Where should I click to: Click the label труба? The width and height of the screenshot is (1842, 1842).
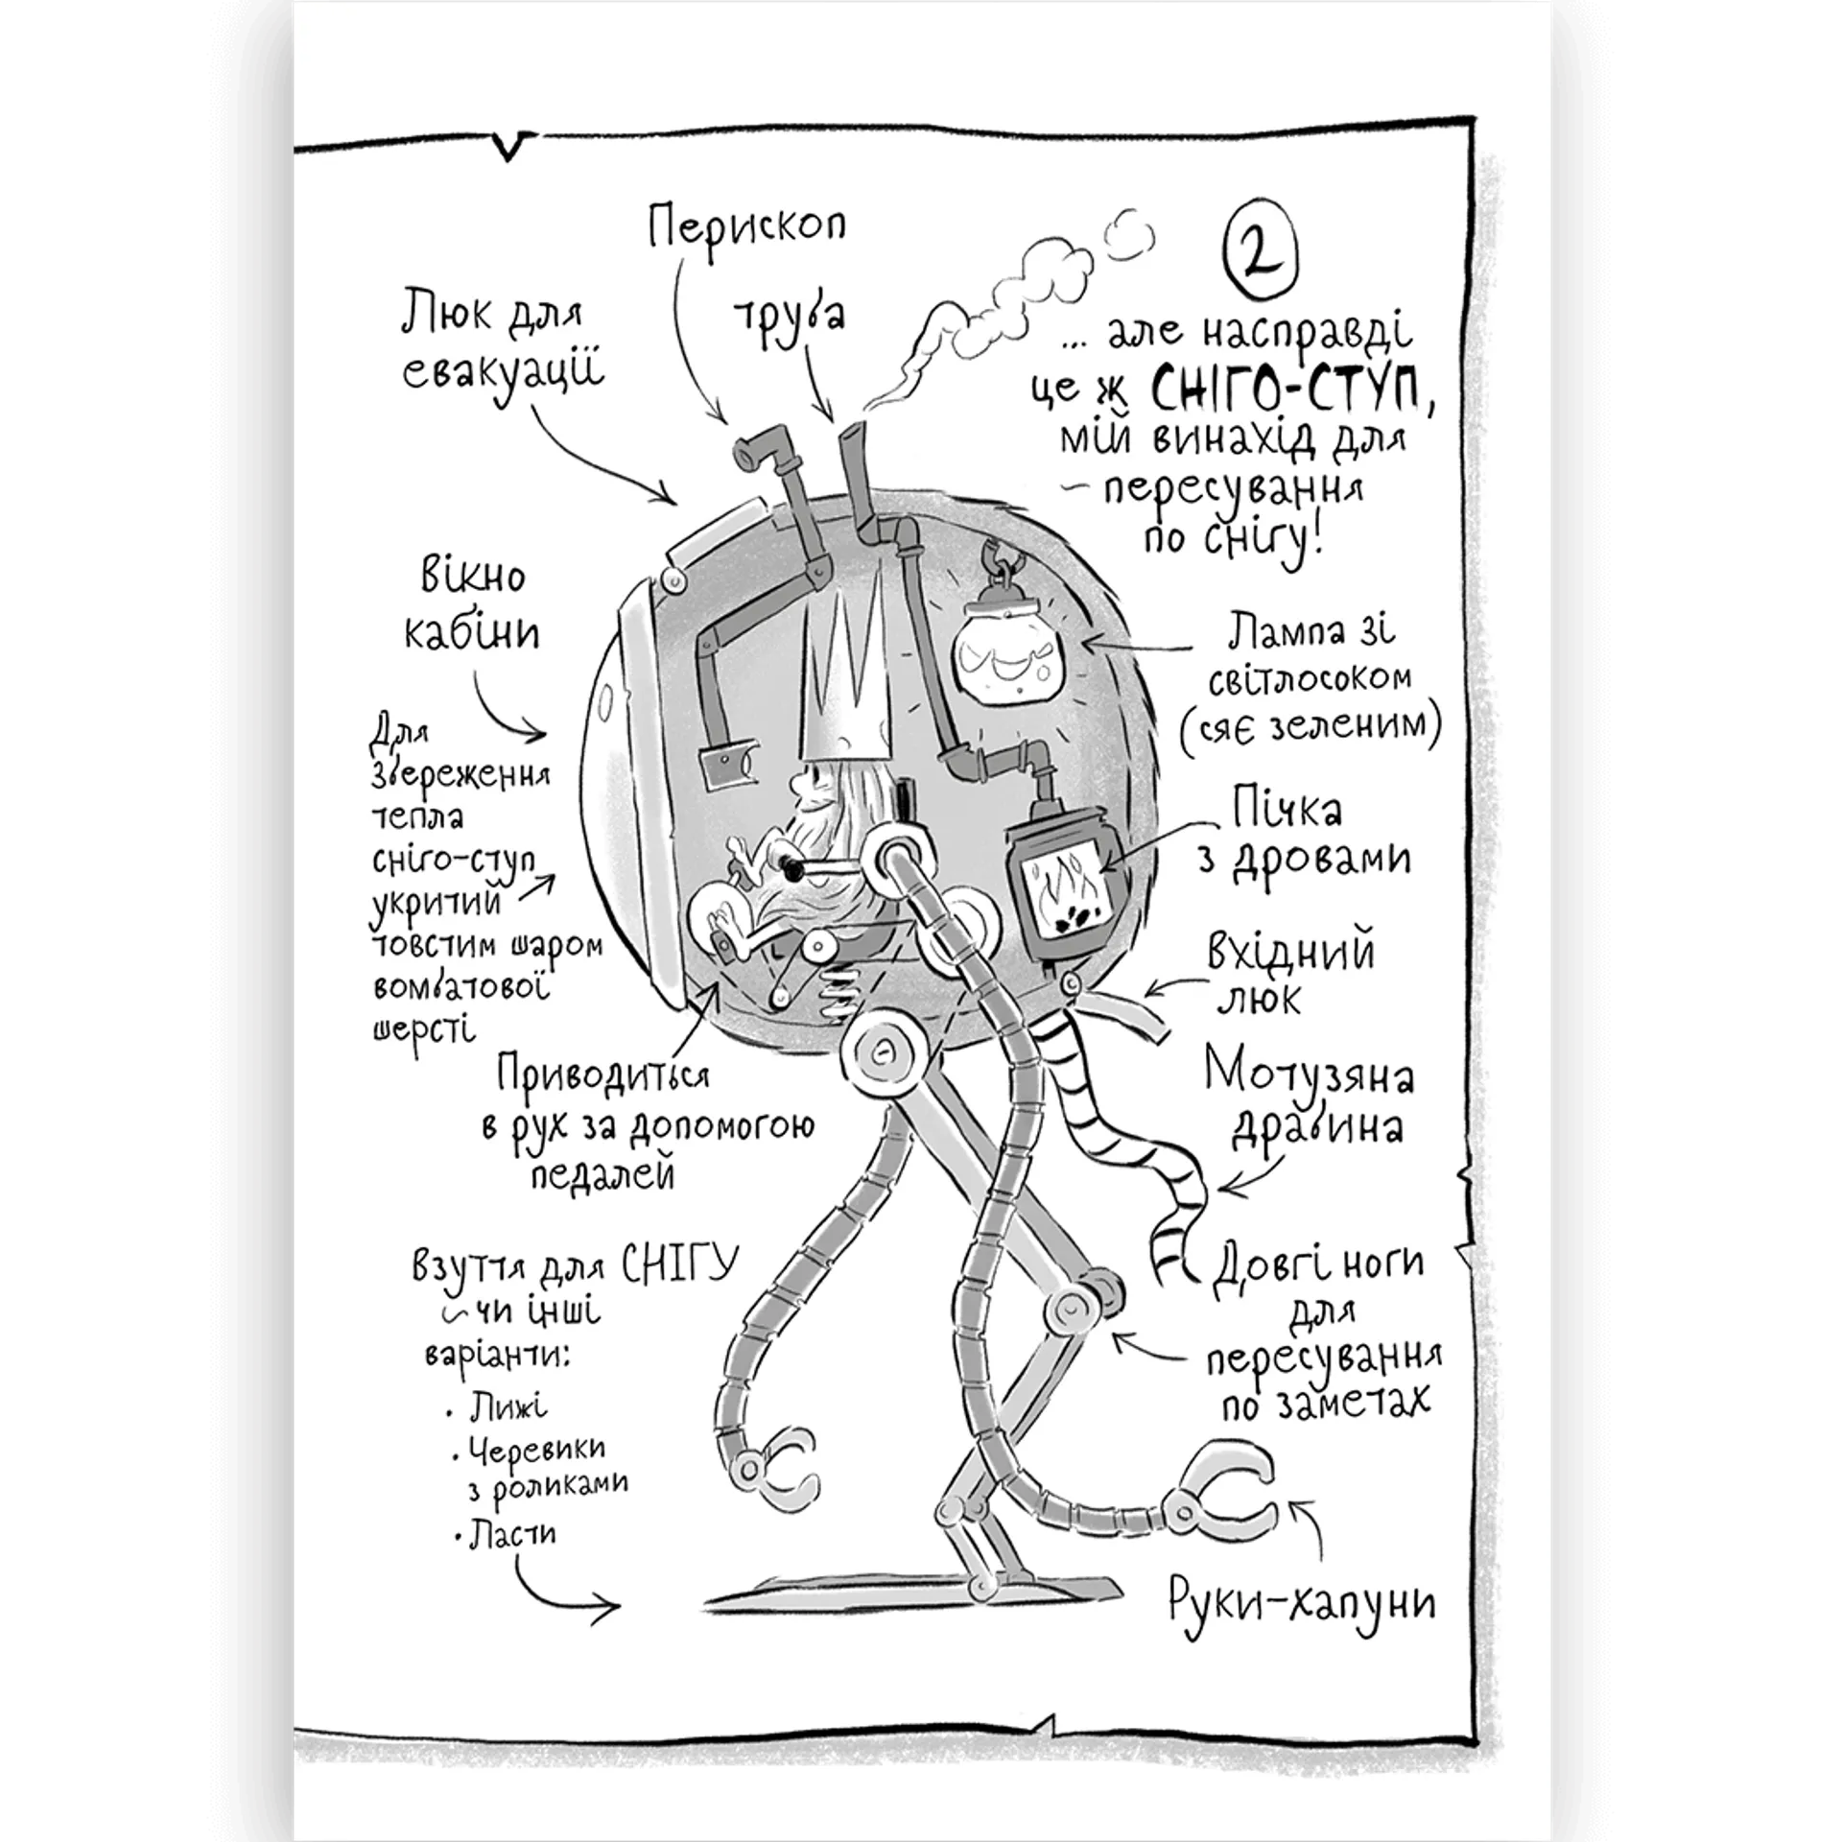tap(789, 312)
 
